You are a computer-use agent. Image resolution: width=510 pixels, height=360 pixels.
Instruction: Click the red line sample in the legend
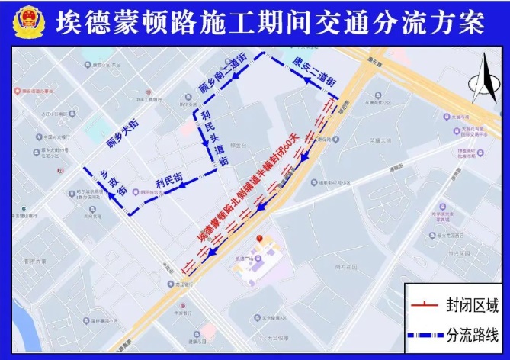(425, 307)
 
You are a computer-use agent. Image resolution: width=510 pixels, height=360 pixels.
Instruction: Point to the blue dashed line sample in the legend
(425, 335)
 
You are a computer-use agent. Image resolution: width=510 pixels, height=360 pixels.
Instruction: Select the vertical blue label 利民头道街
(214, 138)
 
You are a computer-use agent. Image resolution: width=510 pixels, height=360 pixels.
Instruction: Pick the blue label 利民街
(168, 181)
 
